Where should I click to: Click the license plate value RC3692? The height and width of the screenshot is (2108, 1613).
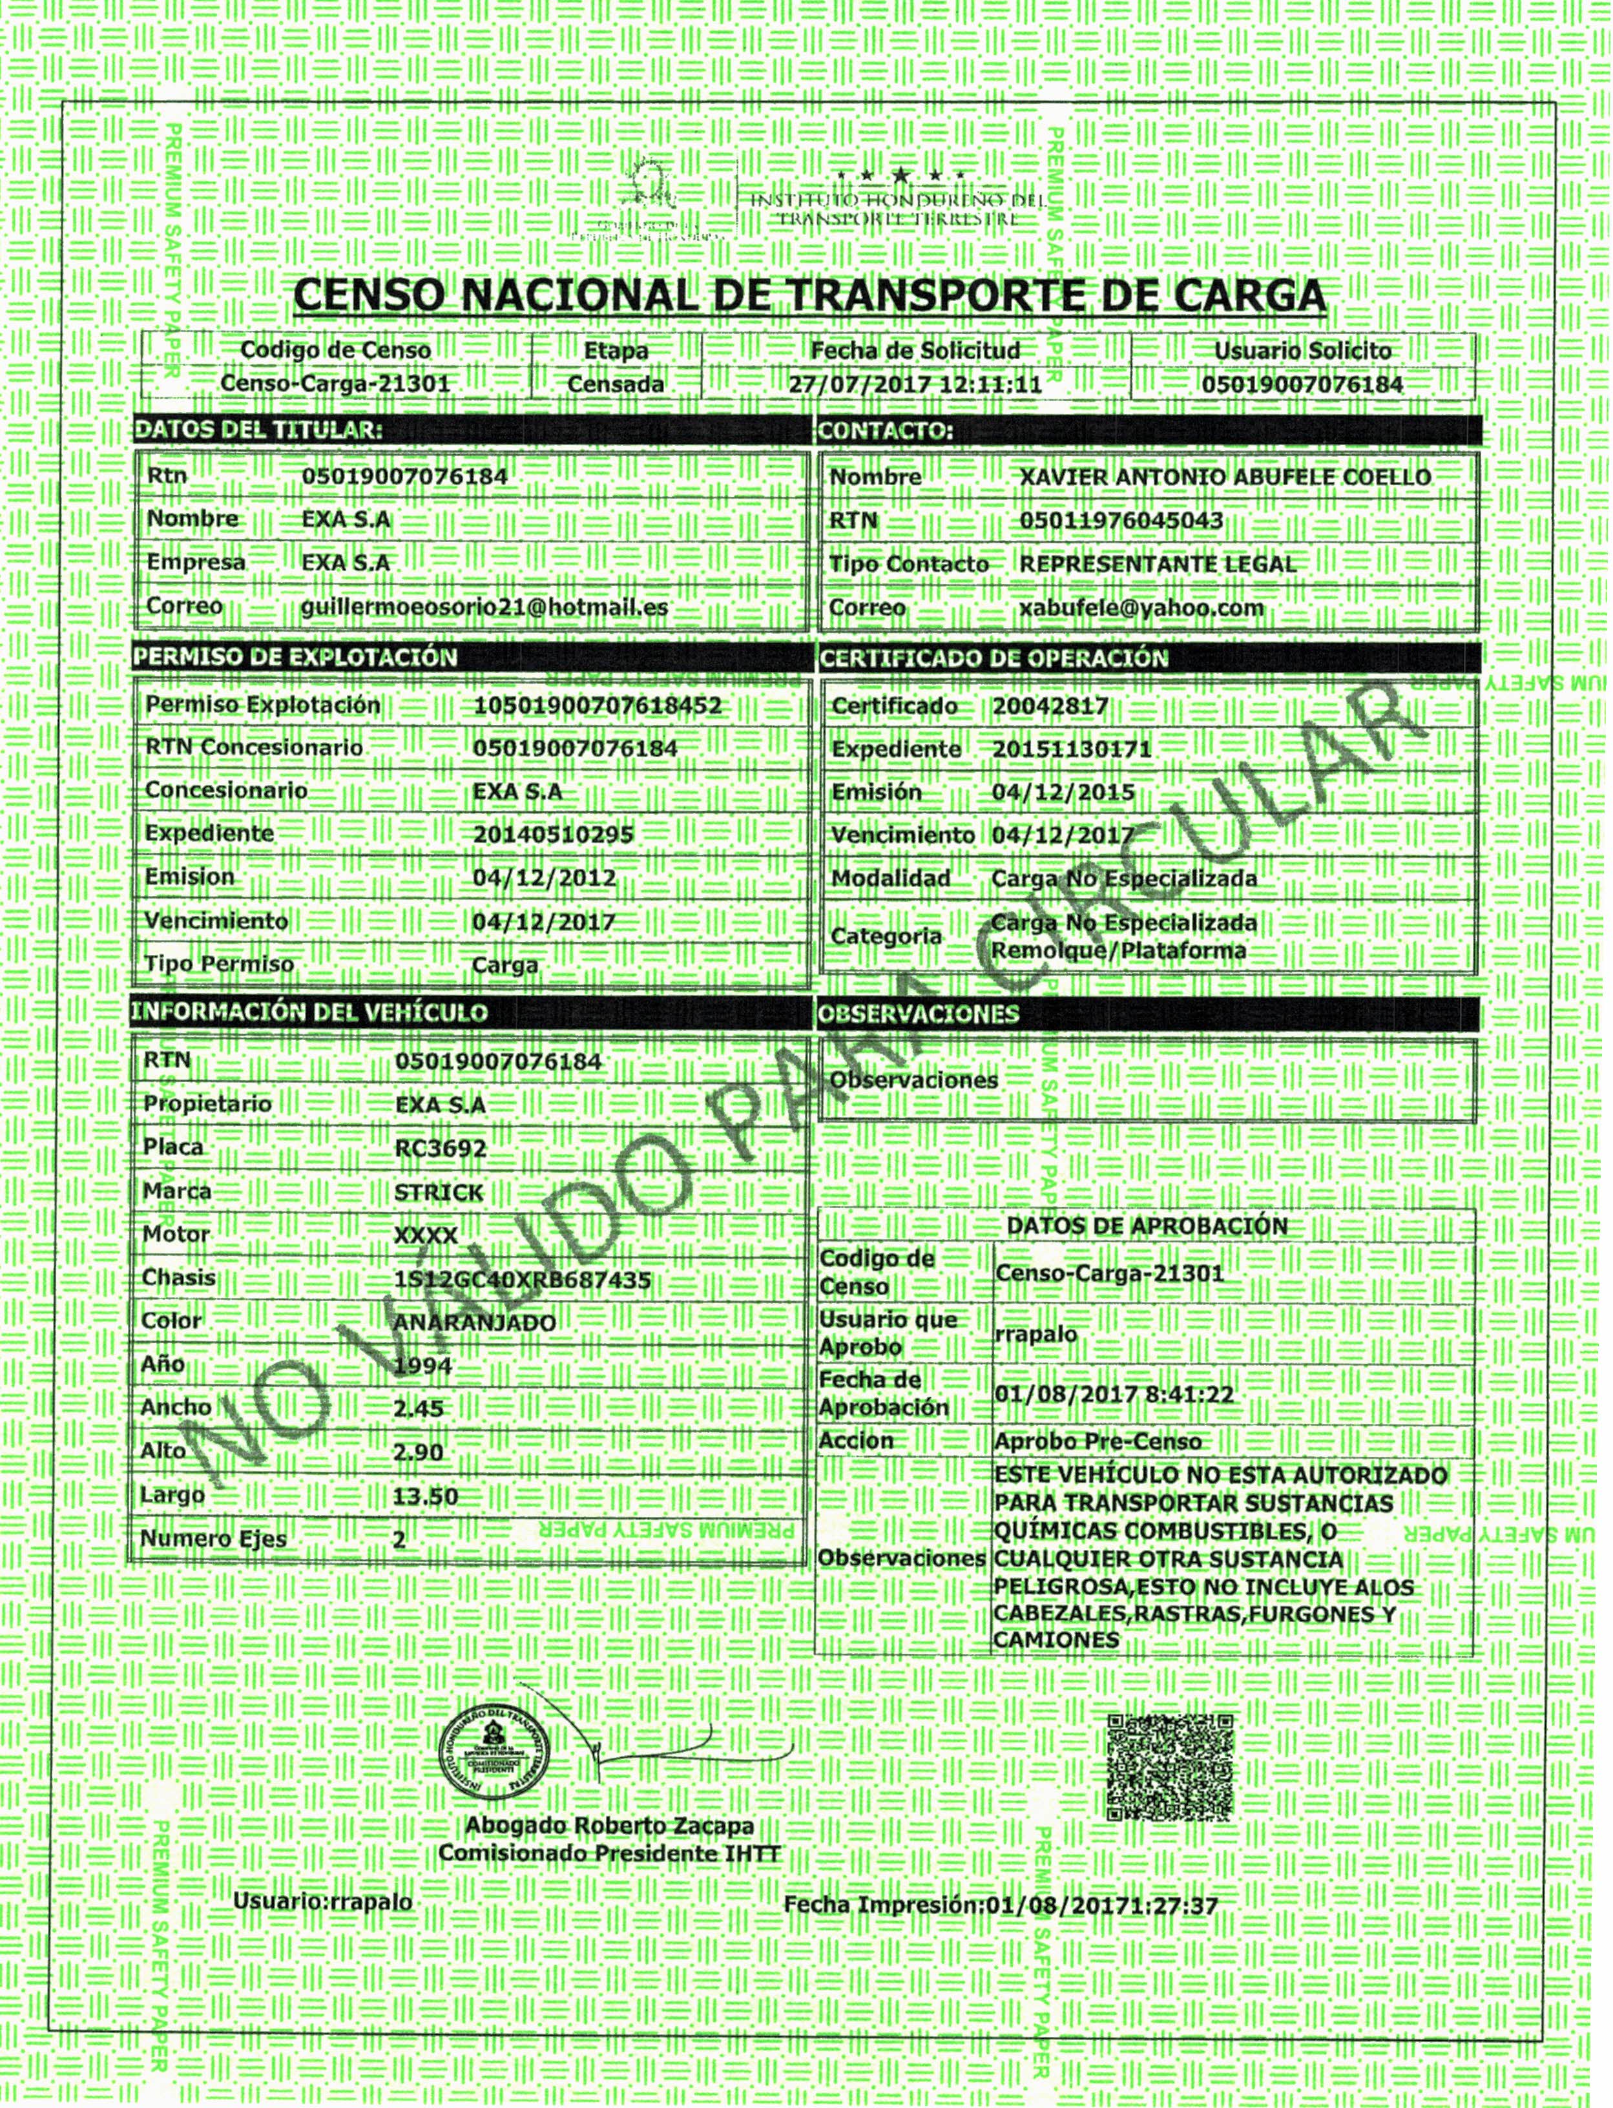coord(441,1148)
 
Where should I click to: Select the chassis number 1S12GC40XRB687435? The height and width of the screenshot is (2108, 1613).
coord(523,1280)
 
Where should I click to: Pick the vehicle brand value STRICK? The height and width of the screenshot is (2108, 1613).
coord(439,1192)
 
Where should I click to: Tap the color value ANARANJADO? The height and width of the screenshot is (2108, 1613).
coord(474,1323)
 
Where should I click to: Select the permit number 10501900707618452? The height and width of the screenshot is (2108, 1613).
coord(597,705)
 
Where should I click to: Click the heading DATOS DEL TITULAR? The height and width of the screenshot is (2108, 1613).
coord(257,430)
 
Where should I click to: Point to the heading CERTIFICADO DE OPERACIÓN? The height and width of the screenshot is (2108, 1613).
coord(994,658)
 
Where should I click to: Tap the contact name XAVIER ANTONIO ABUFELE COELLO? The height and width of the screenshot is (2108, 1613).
coord(1224,477)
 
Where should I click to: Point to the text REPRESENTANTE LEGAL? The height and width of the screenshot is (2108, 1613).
coord(1157,565)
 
